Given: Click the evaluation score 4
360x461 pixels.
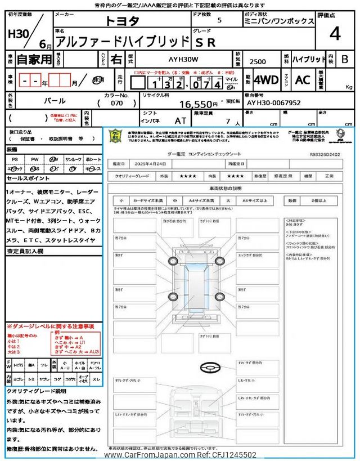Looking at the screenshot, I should coord(335,34).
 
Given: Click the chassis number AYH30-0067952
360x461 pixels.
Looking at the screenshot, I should coord(273,103).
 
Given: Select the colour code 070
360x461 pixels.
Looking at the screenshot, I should coord(116,104).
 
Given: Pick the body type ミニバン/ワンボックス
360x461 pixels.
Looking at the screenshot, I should coord(279,21).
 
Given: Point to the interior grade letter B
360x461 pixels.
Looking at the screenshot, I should coord(345,59).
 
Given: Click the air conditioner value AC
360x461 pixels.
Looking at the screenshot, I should coord(303,80).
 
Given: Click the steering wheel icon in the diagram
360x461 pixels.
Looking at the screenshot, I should coord(208,366).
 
